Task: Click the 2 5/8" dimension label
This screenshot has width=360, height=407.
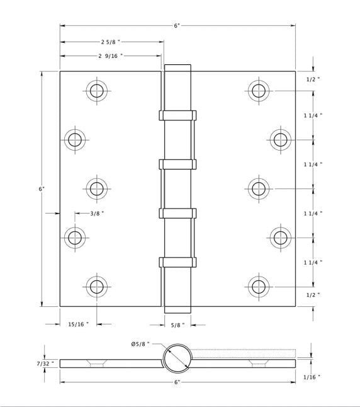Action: point(111,42)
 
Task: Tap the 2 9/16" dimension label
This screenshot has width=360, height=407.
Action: point(111,56)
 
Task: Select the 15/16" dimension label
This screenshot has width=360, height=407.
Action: point(78,324)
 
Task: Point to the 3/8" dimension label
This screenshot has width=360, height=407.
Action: point(97,214)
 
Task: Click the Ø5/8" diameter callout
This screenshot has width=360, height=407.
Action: point(140,344)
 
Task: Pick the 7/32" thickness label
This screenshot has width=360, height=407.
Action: point(45,364)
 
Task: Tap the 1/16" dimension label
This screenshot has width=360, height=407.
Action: point(312,377)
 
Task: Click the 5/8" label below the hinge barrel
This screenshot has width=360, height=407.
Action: point(177,325)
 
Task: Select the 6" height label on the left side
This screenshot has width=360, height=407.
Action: point(42,189)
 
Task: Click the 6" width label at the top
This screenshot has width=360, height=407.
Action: point(177,26)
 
